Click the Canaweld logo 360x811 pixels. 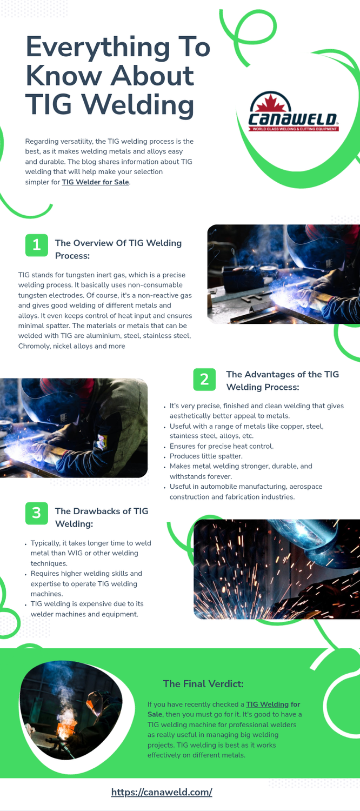point(292,114)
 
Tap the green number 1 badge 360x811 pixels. point(36,245)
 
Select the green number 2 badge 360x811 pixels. point(204,379)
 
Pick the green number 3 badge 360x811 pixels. point(36,513)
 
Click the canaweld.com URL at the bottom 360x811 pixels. point(162,792)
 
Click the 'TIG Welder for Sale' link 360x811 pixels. point(95,182)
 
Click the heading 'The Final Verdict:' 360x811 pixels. point(203,684)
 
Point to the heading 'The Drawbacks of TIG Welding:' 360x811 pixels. point(102,517)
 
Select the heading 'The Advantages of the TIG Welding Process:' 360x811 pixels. point(282,381)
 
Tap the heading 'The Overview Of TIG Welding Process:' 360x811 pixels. point(118,249)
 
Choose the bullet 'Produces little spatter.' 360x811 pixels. point(206,456)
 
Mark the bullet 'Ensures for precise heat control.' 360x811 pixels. point(222,446)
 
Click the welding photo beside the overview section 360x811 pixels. point(283,274)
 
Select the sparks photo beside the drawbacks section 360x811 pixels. point(276,569)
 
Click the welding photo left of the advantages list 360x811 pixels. point(74,428)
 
